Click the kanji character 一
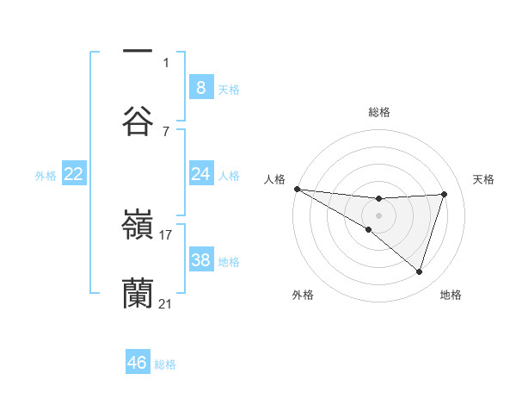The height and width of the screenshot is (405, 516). (138, 50)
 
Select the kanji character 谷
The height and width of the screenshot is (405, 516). (138, 120)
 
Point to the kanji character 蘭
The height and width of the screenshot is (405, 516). (138, 294)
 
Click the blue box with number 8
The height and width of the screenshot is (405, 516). (200, 87)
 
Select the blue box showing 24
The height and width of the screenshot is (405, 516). (200, 174)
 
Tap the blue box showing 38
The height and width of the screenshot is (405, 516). (200, 260)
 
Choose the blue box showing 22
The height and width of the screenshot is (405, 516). (74, 174)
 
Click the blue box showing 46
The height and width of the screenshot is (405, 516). (137, 363)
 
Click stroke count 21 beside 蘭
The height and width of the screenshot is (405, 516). (166, 304)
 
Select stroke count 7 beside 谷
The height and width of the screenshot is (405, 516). (166, 131)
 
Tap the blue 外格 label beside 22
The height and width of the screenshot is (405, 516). (46, 175)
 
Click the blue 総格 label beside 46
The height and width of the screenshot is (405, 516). (165, 364)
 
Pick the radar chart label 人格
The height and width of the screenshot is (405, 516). (274, 178)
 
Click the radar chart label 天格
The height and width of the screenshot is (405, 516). (483, 178)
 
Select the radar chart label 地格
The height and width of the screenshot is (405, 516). (451, 295)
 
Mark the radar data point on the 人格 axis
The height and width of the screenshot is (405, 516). (297, 189)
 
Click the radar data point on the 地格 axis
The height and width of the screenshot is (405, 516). (419, 271)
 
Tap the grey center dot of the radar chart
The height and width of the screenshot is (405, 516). (378, 215)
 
